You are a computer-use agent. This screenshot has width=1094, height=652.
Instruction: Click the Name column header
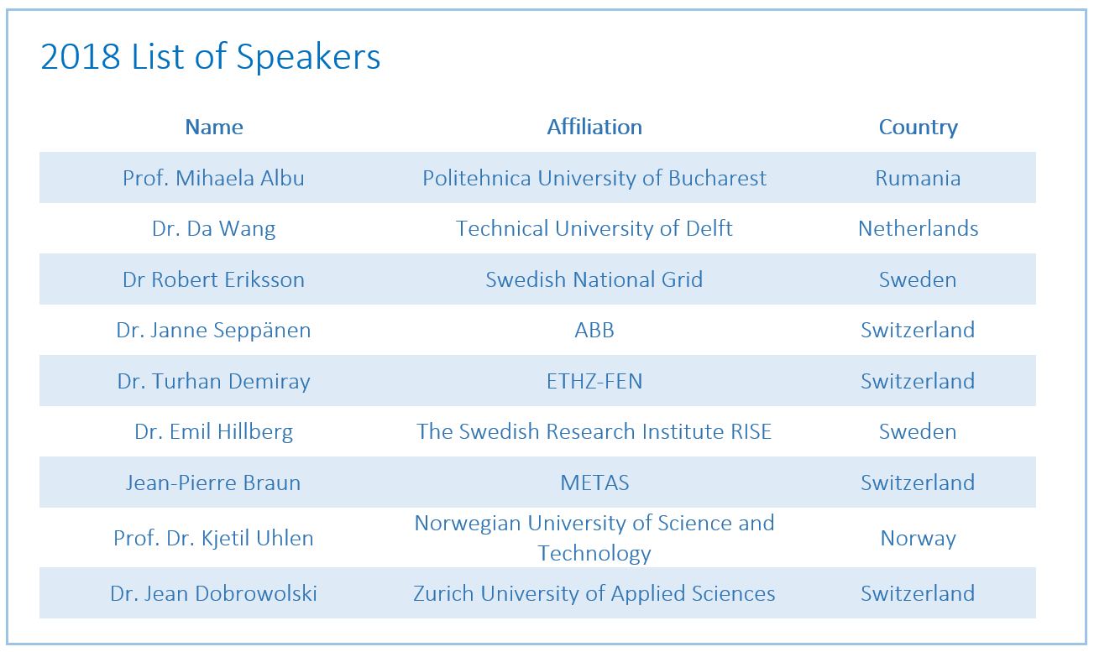[214, 127]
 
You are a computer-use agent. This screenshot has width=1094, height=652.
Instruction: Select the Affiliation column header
[594, 127]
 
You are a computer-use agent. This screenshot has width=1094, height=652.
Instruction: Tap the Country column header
[919, 128]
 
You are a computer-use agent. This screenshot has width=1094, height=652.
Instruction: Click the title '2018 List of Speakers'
[211, 57]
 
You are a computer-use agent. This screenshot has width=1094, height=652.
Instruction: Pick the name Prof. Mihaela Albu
[213, 178]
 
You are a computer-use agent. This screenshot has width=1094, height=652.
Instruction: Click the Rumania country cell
[918, 178]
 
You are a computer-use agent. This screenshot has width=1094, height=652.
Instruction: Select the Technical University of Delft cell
[594, 228]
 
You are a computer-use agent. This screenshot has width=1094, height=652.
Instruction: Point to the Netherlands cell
[919, 228]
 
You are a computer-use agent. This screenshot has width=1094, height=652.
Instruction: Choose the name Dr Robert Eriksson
[213, 279]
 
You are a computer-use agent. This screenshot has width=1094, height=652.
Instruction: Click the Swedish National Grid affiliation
[594, 279]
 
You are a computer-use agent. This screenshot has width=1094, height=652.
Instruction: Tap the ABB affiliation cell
[594, 331]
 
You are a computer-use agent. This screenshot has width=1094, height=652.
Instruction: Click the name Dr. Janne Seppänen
[213, 331]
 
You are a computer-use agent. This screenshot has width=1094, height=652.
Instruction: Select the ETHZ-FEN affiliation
[594, 381]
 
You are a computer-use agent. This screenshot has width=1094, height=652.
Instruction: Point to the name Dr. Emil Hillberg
[213, 432]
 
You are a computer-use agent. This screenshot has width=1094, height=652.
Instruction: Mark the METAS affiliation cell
[594, 482]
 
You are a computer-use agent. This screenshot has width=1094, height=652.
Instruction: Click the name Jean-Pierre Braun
[213, 482]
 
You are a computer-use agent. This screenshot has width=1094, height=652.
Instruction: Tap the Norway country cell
[919, 538]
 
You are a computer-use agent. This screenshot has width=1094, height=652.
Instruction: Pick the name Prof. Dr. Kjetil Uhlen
[213, 538]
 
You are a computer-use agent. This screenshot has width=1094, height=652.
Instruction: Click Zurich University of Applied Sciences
[594, 594]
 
